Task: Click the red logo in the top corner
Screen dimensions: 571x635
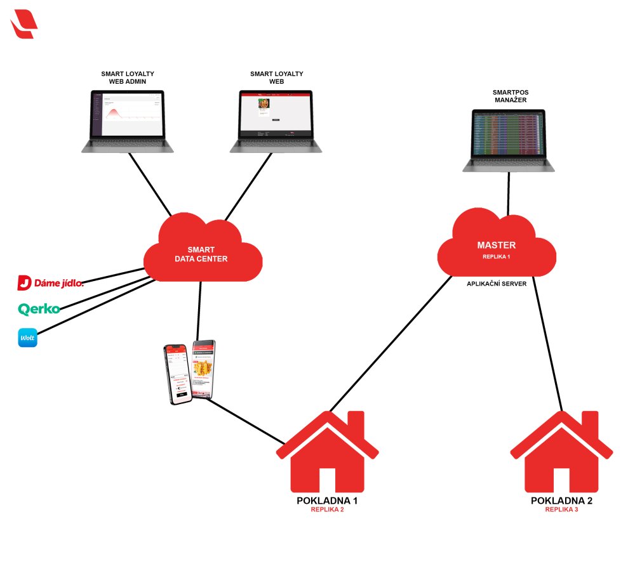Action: click(24, 23)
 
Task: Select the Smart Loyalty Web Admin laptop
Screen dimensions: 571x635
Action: click(128, 121)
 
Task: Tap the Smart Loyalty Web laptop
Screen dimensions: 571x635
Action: click(276, 121)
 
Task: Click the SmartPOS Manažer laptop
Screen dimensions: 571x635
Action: click(508, 140)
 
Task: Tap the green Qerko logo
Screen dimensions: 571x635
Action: click(39, 309)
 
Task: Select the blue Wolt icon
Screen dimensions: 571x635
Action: click(28, 338)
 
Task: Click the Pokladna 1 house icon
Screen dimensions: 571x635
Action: click(327, 454)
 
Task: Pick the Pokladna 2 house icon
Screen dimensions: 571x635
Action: click(562, 454)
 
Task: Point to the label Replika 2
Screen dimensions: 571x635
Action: click(327, 509)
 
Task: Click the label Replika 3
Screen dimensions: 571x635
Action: click(562, 509)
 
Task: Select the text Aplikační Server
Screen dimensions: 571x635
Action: click(497, 284)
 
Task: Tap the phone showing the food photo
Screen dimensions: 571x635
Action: click(204, 368)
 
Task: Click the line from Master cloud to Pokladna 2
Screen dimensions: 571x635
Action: click(547, 343)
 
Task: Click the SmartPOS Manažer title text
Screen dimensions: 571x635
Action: click(511, 96)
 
